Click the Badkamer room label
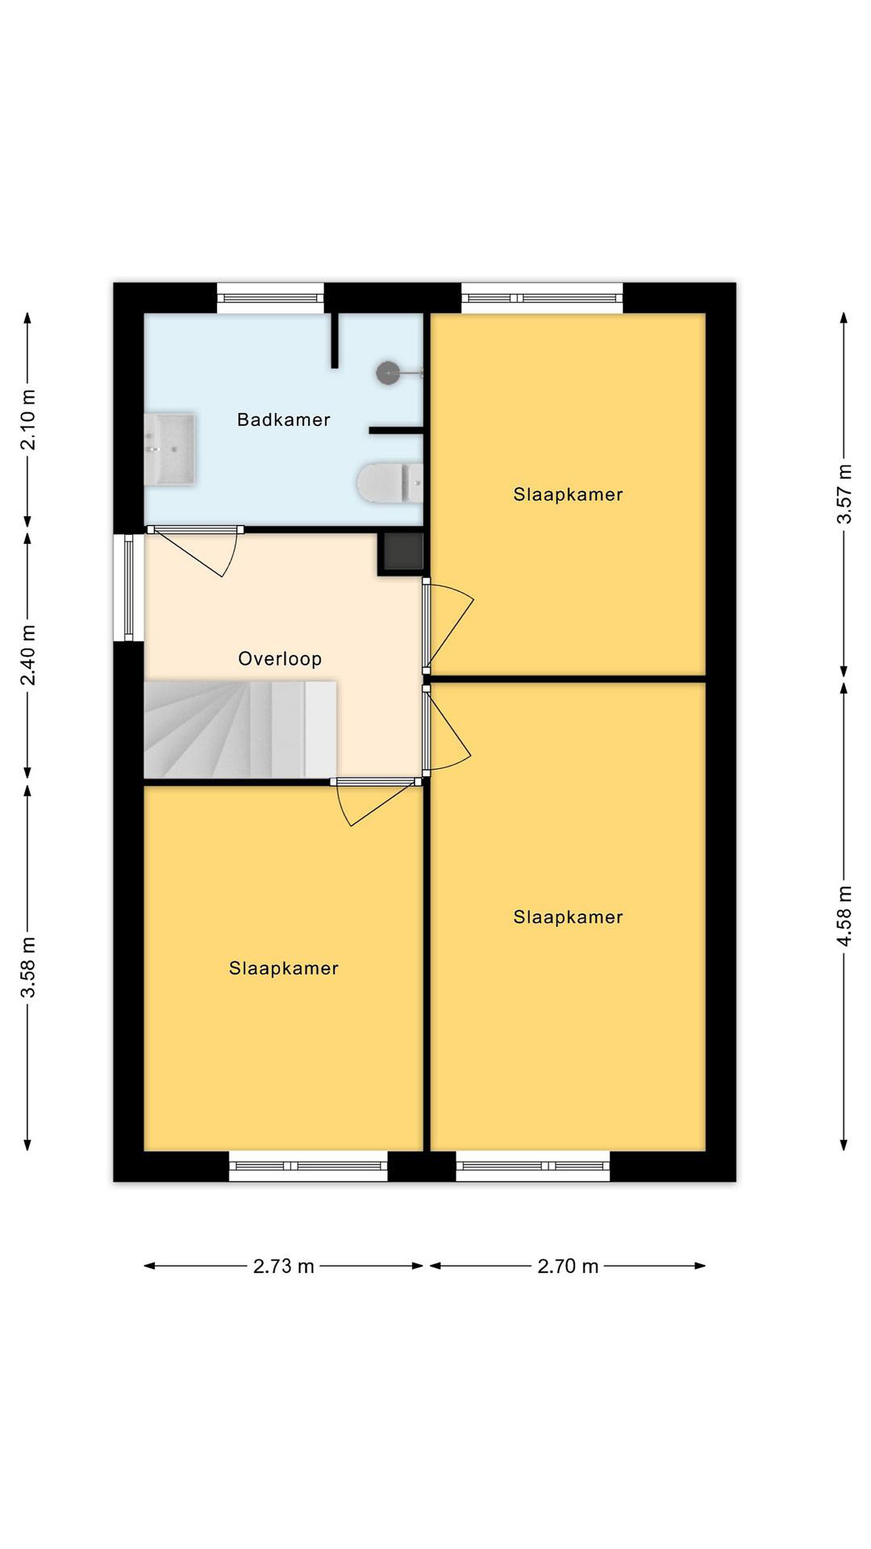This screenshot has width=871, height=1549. [284, 420]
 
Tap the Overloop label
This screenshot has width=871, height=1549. [280, 659]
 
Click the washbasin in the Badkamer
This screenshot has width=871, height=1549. [170, 449]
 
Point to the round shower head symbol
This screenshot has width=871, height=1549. [388, 373]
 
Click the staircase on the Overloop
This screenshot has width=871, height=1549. [240, 729]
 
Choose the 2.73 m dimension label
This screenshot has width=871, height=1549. [284, 1267]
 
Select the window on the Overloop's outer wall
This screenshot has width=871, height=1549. [128, 587]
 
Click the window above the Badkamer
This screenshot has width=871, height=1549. [270, 297]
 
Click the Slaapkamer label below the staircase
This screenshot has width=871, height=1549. [284, 968]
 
